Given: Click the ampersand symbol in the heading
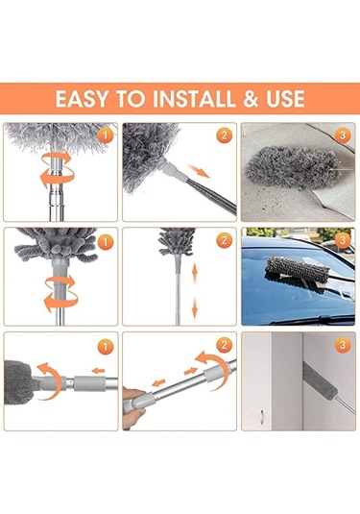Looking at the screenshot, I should (x=246, y=98).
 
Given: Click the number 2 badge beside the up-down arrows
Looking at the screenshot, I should (x=223, y=239).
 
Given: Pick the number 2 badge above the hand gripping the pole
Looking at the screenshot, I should (x=223, y=344).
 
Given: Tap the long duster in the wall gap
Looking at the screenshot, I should (x=301, y=399).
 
